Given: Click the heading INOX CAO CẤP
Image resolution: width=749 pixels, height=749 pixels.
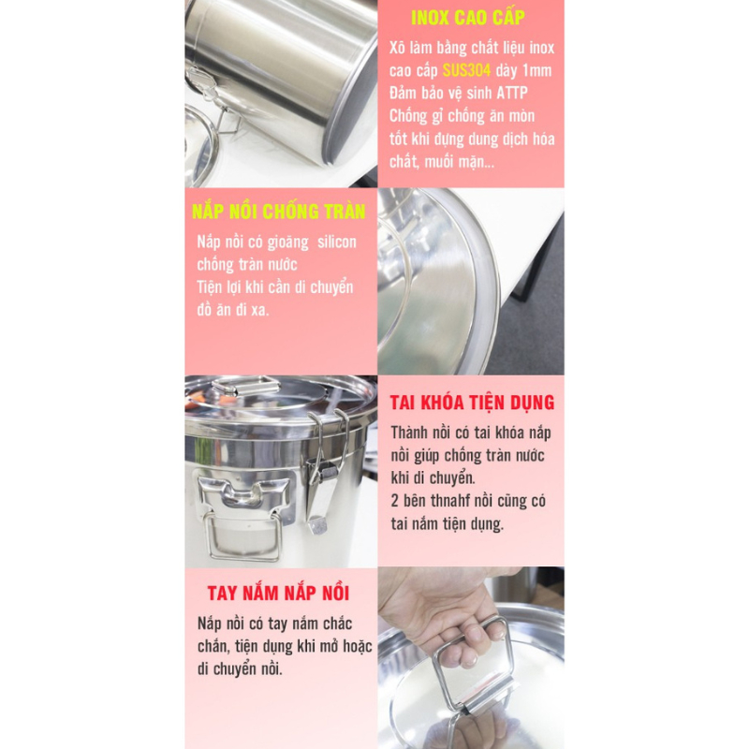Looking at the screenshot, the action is click(467, 18).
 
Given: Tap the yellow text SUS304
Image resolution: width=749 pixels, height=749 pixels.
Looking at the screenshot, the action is click(466, 71).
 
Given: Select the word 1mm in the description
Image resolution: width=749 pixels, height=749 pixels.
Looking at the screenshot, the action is click(536, 71).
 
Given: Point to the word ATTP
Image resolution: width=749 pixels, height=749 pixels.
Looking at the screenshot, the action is click(511, 93).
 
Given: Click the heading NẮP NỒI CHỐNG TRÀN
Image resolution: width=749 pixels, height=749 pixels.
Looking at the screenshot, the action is click(278, 212).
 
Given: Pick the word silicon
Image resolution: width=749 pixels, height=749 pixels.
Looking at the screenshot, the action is click(337, 242).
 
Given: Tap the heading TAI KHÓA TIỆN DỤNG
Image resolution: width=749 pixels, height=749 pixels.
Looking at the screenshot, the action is click(472, 403).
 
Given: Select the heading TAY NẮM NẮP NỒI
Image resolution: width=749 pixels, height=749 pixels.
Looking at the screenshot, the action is click(278, 593).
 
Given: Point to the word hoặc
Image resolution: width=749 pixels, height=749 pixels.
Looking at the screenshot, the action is click(358, 646).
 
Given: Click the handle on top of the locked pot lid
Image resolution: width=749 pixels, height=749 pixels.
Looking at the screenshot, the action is click(244, 385).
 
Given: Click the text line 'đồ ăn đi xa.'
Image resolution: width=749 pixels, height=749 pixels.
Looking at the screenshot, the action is click(233, 311).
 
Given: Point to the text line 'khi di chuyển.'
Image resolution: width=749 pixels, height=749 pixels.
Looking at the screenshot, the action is click(433, 478).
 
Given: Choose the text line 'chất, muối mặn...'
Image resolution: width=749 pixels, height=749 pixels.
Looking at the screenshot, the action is click(442, 162).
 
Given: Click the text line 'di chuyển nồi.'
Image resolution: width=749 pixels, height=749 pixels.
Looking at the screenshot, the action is click(240, 669).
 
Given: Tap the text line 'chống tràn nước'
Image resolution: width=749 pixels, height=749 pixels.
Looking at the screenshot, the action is click(247, 265).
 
